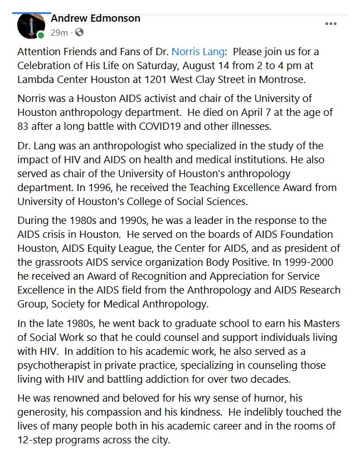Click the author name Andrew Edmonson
(x=95, y=18)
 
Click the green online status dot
(x=41, y=36)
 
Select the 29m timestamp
(x=59, y=33)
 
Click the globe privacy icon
(x=79, y=33)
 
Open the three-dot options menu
(x=331, y=24)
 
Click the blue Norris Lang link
(x=198, y=52)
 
